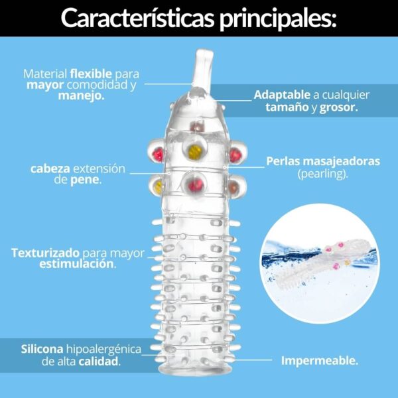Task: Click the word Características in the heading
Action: [138, 18]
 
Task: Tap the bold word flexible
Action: [91, 74]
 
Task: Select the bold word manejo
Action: [81, 96]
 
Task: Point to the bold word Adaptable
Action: [282, 95]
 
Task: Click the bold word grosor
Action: [338, 107]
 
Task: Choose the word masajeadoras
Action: [342, 161]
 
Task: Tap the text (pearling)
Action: [322, 174]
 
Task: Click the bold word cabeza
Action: [50, 168]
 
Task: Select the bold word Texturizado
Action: [45, 253]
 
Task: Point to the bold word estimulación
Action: [77, 264]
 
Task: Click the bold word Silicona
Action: [42, 349]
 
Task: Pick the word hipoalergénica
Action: [103, 350]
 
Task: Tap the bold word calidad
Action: [99, 362]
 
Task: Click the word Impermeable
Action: [320, 360]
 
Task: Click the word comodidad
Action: [98, 85]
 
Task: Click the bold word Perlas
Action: [283, 161]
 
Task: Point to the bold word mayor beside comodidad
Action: [45, 86]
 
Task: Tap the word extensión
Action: [99, 168]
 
